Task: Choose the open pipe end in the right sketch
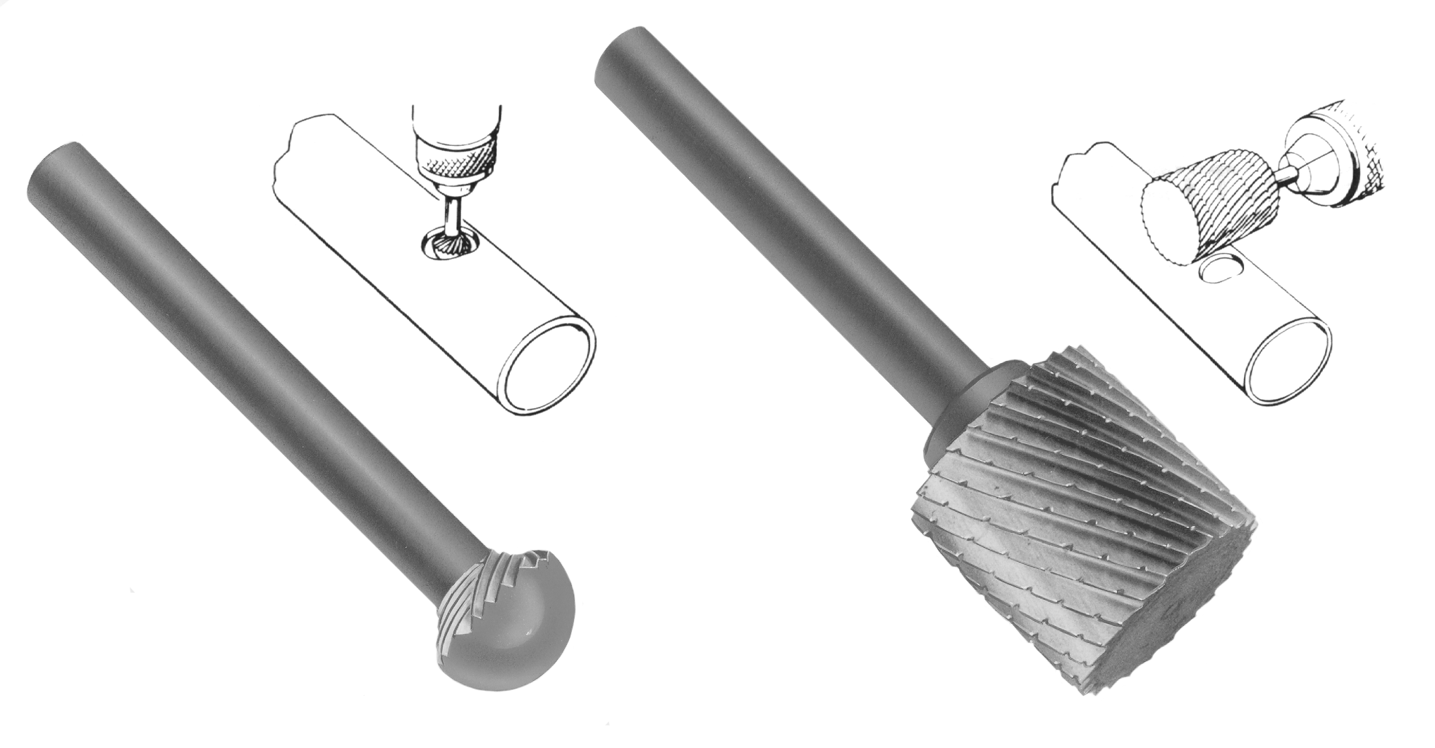coord(1288,367)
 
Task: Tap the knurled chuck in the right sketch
coord(1350,148)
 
